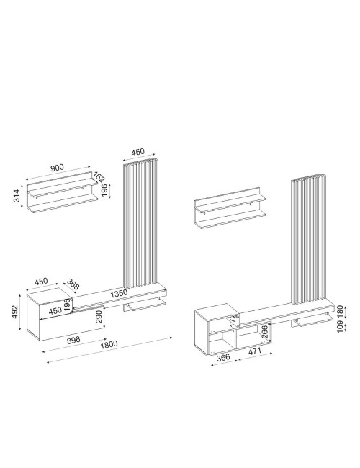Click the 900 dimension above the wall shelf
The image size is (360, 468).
click(x=57, y=168)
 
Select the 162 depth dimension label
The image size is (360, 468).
click(x=99, y=176)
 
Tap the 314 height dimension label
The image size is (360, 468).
click(x=17, y=196)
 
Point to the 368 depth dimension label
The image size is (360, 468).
click(x=73, y=284)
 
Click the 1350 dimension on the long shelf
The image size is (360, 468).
click(x=119, y=293)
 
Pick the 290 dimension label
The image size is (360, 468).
click(x=99, y=317)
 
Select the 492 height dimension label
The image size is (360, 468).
click(x=14, y=312)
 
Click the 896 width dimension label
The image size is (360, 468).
click(x=73, y=340)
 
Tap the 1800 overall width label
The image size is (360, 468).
click(x=109, y=345)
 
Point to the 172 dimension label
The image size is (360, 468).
click(x=233, y=320)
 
